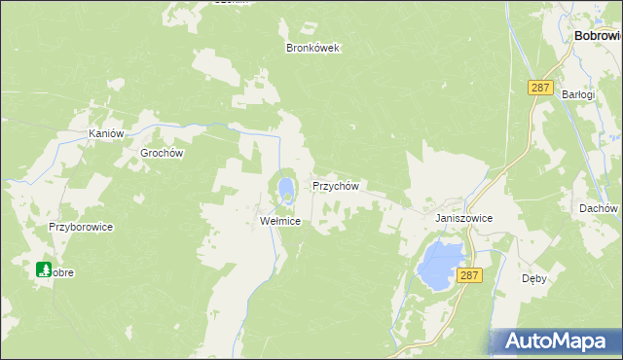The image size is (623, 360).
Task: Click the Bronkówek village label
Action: pyautogui.click(x=312, y=48)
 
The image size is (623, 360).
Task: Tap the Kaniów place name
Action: pyautogui.click(x=105, y=133)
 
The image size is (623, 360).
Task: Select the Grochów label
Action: pyautogui.click(x=163, y=153)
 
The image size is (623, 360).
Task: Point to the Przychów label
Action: pyautogui.click(x=336, y=186)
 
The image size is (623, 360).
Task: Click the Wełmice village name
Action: pyautogui.click(x=279, y=221)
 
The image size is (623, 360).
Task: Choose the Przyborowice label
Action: pyautogui.click(x=82, y=227)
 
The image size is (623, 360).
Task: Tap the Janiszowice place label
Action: pyautogui.click(x=463, y=219)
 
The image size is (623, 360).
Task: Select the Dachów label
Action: pyautogui.click(x=598, y=208)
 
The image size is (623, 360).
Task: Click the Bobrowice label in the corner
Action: pyautogui.click(x=598, y=35)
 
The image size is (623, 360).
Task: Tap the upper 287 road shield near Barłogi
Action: pyautogui.click(x=540, y=88)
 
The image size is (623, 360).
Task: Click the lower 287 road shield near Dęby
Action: pyautogui.click(x=469, y=275)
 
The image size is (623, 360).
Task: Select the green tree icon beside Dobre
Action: pyautogui.click(x=44, y=269)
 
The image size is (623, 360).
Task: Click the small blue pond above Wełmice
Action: pyautogui.click(x=285, y=186)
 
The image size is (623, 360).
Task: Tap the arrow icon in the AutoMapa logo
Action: pyautogui.click(x=509, y=342)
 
